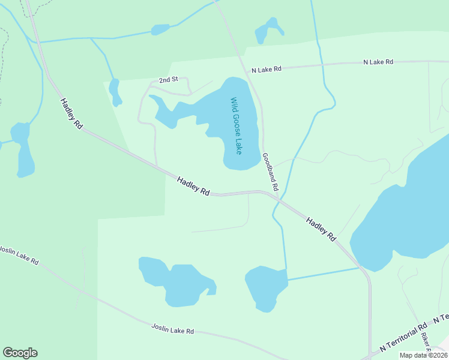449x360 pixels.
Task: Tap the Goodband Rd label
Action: (270, 172)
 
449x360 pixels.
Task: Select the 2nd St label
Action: (169, 80)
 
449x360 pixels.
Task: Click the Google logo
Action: (20, 353)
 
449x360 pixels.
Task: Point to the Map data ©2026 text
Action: (424, 355)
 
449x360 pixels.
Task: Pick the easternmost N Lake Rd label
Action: (378, 62)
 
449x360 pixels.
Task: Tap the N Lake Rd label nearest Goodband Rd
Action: (267, 70)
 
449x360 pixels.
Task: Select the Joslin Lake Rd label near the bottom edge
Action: (172, 328)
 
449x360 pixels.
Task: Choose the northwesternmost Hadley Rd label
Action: (71, 114)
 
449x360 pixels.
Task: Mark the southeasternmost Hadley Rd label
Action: (321, 229)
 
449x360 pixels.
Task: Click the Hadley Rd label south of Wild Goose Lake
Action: (193, 186)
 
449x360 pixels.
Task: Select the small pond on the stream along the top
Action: (160, 29)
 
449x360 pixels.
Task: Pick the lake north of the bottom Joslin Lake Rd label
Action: (176, 281)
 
